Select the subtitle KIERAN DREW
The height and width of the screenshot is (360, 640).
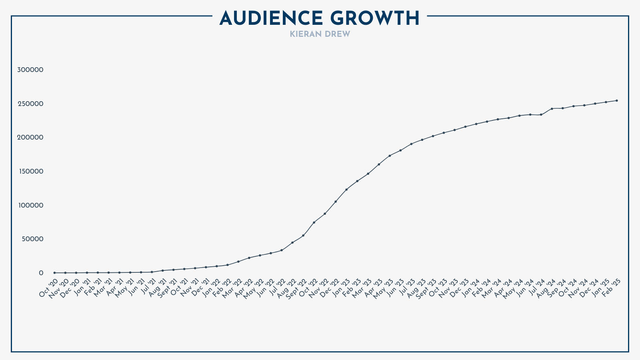[320, 34]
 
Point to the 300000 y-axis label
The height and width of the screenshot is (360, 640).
[30, 70]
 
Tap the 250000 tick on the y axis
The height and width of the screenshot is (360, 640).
[30, 104]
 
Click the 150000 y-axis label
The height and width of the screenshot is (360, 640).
[30, 171]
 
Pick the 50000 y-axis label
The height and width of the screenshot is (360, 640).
[32, 239]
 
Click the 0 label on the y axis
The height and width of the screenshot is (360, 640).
[41, 273]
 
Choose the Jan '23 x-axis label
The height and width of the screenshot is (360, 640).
[340, 288]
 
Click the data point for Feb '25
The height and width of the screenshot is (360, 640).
[617, 100]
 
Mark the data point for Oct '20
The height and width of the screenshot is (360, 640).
[54, 273]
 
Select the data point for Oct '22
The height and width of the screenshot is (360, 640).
[314, 222]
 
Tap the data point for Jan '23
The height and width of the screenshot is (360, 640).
[346, 190]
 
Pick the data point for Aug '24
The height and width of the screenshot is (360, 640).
[552, 109]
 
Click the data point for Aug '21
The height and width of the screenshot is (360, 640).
[162, 270]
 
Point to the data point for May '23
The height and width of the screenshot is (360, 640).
[390, 156]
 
